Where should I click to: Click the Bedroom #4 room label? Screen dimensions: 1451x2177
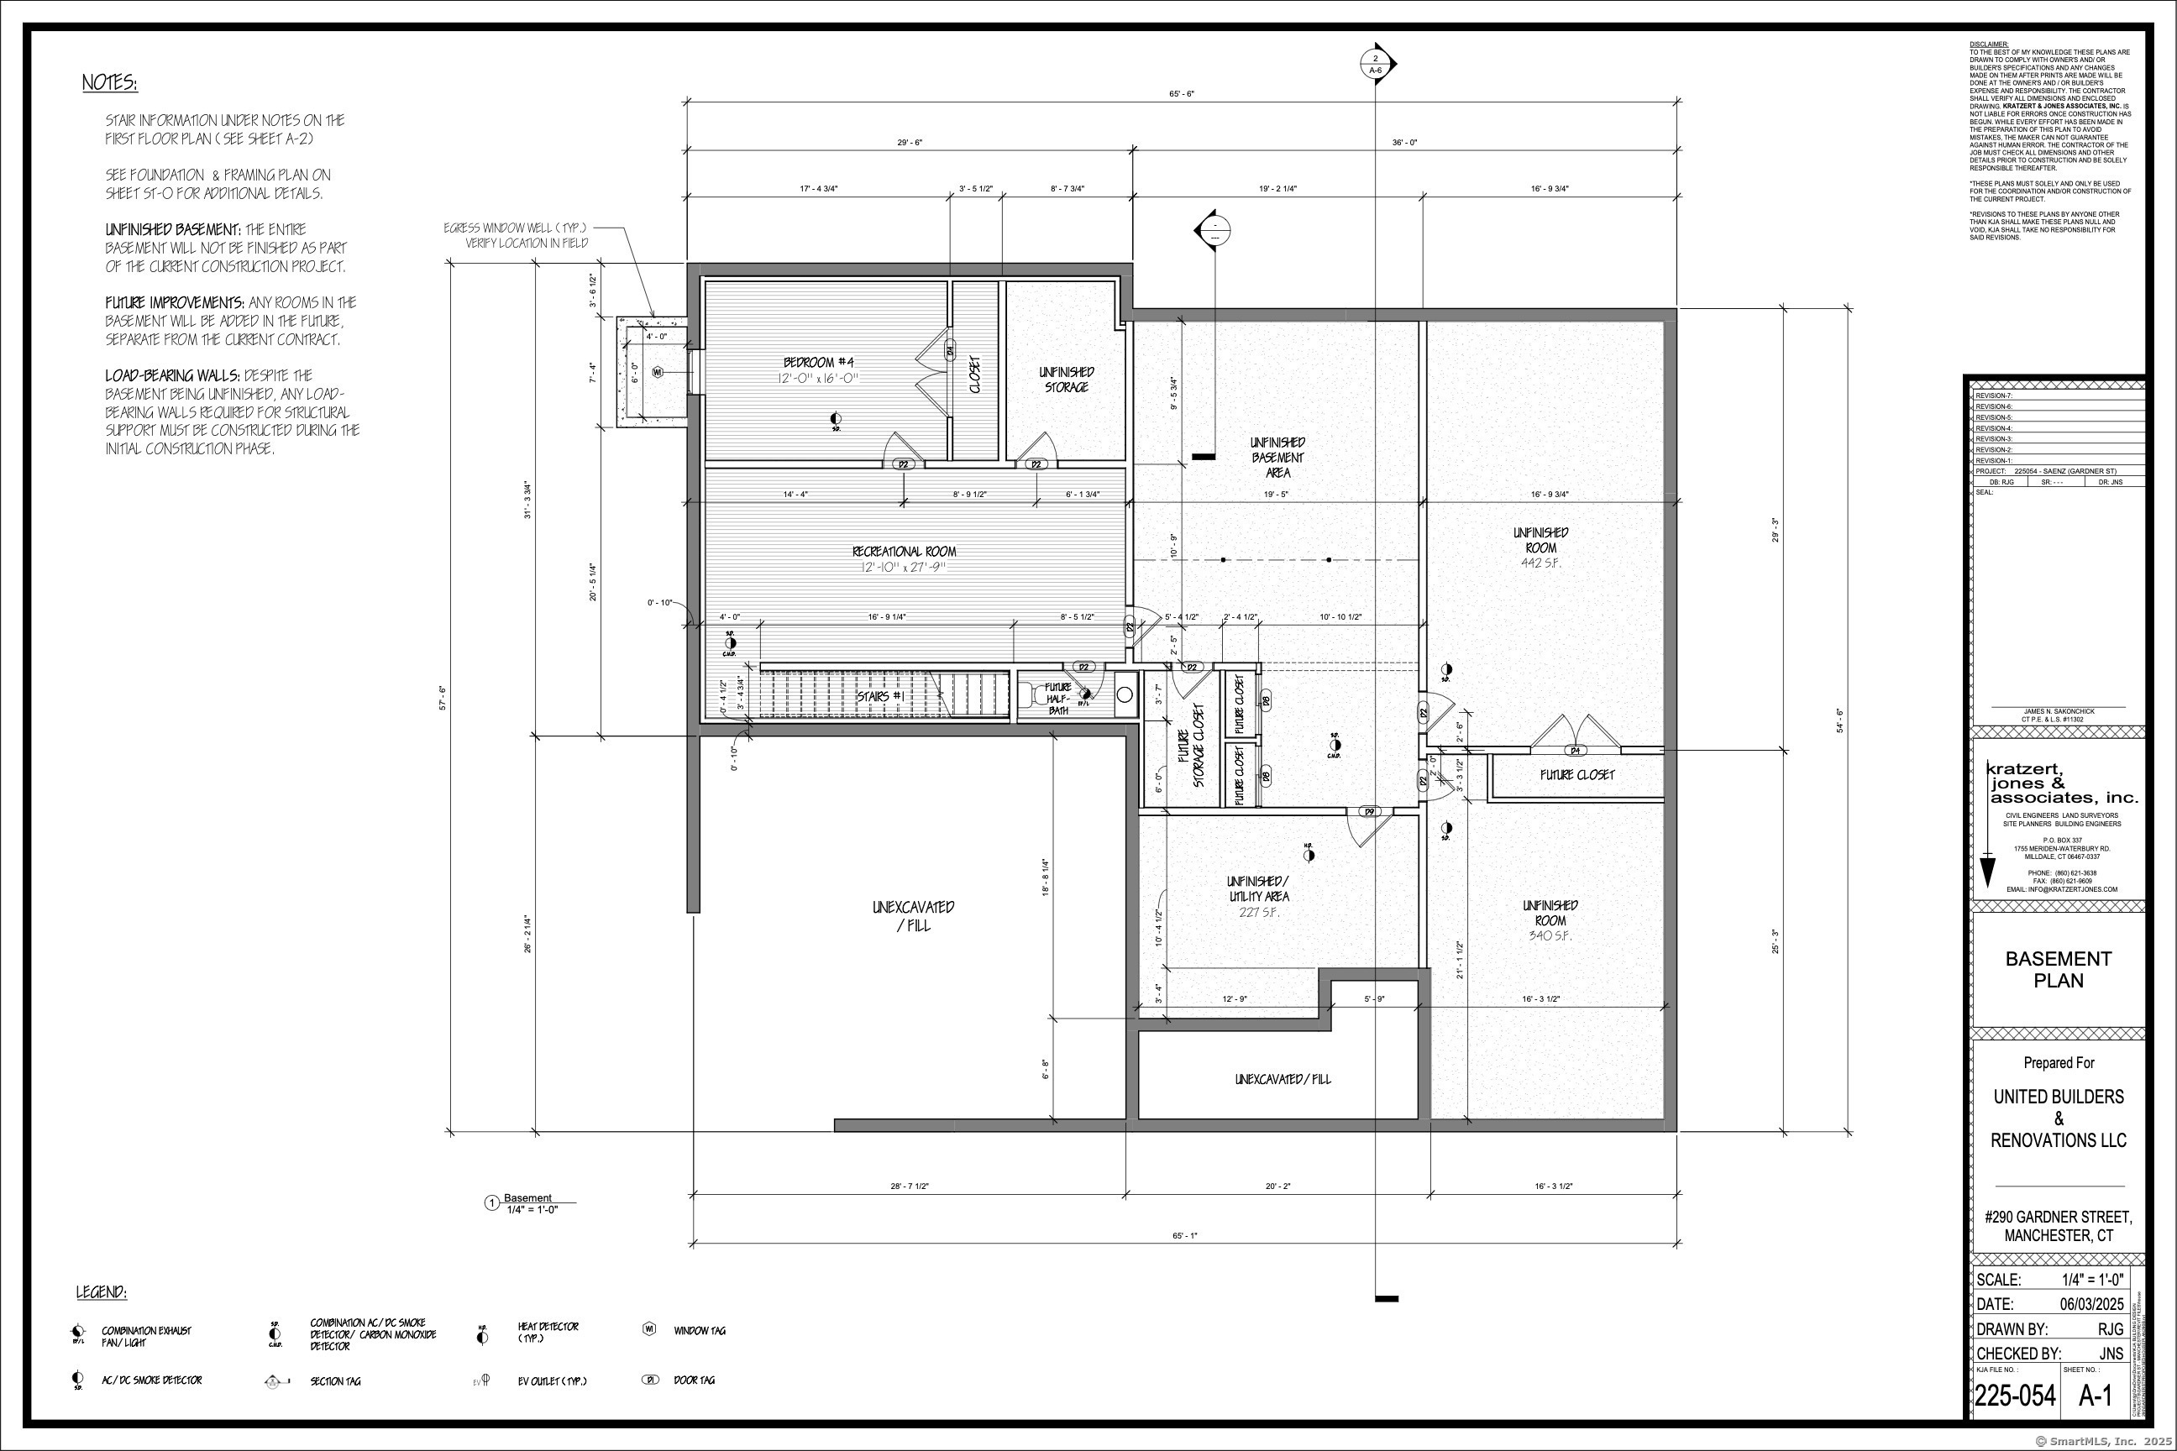820,362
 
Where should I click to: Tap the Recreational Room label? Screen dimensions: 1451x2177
904,552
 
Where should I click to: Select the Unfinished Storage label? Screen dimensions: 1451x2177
1067,380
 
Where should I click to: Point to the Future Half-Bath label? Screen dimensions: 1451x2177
1058,699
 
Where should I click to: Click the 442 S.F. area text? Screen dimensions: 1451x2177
1540,563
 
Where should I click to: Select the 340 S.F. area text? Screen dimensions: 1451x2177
1550,935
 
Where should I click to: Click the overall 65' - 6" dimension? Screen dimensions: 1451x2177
1182,93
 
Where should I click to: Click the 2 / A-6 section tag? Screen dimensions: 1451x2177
1375,64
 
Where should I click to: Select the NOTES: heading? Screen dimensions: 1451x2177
109,83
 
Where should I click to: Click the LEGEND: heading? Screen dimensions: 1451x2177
101,1291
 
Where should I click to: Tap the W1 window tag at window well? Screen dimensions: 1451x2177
657,372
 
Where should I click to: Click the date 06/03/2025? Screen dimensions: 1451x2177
2088,1304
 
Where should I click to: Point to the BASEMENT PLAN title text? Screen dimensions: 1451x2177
2058,969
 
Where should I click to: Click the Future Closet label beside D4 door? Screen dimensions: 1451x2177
1577,774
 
